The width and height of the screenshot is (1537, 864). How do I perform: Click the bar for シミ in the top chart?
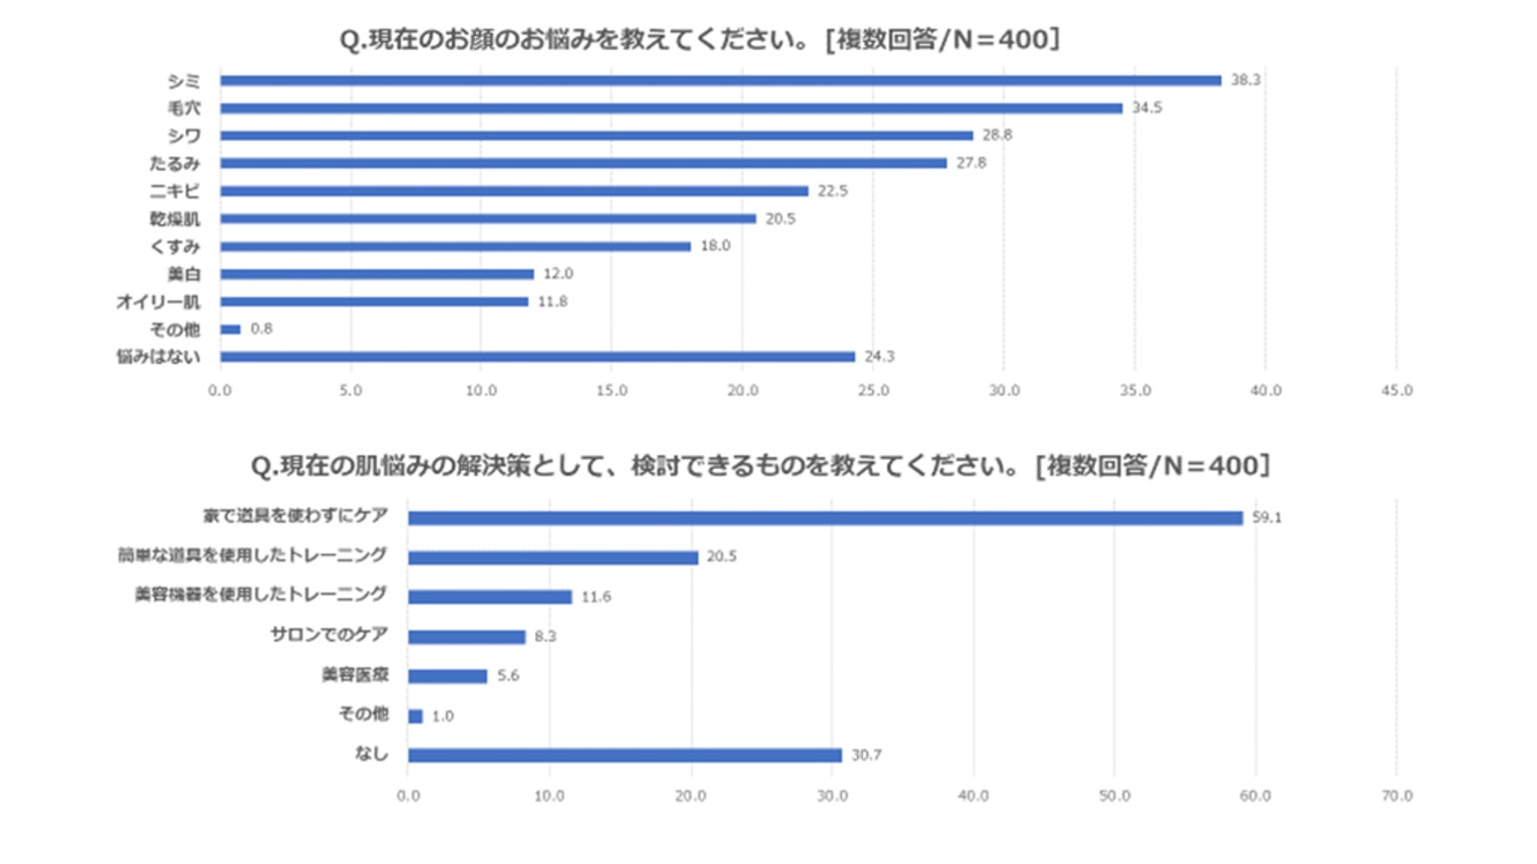click(721, 81)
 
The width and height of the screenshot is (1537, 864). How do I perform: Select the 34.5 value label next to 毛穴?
click(1147, 108)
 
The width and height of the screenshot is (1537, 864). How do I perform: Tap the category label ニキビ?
click(175, 191)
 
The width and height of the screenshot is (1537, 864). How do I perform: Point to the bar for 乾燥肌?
click(488, 218)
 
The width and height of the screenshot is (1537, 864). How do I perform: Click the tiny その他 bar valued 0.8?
click(231, 329)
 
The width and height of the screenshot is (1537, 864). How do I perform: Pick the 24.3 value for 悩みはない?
click(879, 356)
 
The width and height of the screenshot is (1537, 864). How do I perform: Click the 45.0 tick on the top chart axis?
click(1396, 391)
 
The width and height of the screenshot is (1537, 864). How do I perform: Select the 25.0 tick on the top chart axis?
click(873, 391)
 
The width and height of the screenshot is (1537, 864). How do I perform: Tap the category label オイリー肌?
click(158, 301)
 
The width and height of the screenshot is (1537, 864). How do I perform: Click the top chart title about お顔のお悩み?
click(700, 40)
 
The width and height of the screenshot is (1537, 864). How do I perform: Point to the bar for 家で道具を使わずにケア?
click(824, 518)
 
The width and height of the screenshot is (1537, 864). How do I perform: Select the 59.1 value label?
click(1267, 518)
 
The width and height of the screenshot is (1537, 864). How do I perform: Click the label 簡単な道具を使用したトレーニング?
click(253, 555)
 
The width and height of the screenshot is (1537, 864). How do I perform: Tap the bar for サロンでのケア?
click(466, 637)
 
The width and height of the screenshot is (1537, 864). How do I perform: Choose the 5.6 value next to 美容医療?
click(508, 675)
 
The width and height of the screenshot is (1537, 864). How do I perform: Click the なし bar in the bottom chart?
click(625, 755)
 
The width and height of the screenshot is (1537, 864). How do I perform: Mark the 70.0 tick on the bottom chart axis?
click(1396, 796)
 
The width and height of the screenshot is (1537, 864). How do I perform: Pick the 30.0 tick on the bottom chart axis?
click(831, 796)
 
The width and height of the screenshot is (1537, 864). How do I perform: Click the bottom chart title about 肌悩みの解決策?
click(760, 466)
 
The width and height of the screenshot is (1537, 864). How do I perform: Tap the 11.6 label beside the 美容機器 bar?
click(596, 597)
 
